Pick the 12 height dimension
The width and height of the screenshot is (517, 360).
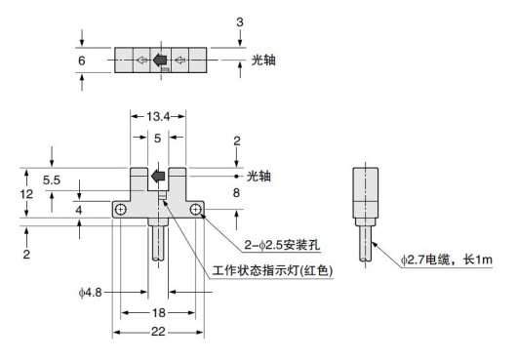point(30,195)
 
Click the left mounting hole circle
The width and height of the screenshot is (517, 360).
point(120,211)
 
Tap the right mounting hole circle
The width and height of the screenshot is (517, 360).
point(196,211)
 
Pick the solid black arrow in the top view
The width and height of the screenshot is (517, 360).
point(159,60)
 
